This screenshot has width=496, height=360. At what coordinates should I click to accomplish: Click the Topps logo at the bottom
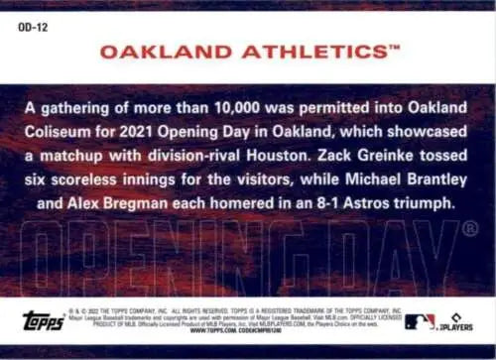pos(44,322)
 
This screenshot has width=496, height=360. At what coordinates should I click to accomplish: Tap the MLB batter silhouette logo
pos(420,321)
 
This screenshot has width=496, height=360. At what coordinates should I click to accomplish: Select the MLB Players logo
pos(457,321)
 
